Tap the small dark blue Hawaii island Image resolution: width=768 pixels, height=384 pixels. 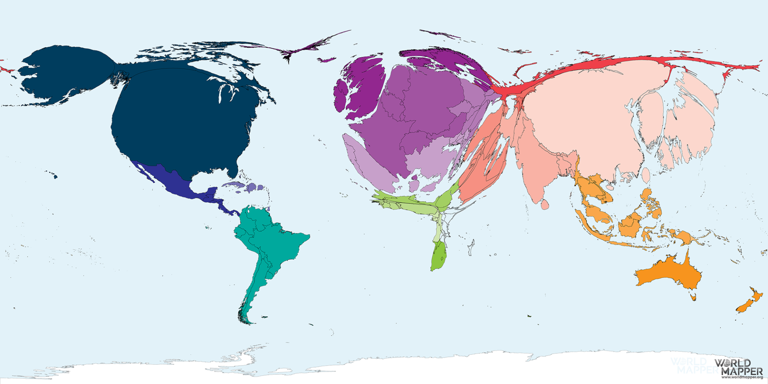pyautogui.click(x=54, y=176)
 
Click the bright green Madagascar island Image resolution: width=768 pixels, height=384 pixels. pyautogui.click(x=438, y=256)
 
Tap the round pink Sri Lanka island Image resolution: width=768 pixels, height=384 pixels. pyautogui.click(x=544, y=205)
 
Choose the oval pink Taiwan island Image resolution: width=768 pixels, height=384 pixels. pyautogui.click(x=645, y=175)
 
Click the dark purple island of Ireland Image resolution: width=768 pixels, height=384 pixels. pyautogui.click(x=341, y=96)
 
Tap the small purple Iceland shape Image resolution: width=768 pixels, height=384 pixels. pyautogui.click(x=327, y=60)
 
